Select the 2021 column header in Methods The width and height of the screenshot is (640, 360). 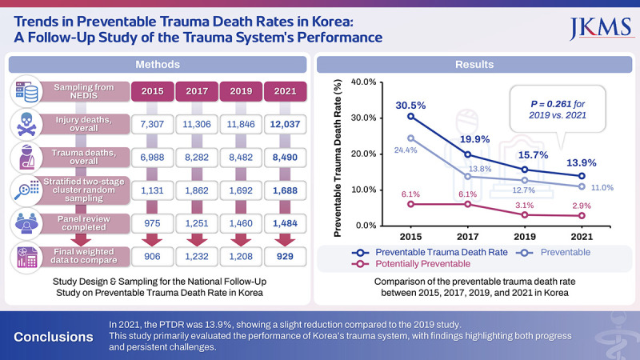(x=287, y=91)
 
